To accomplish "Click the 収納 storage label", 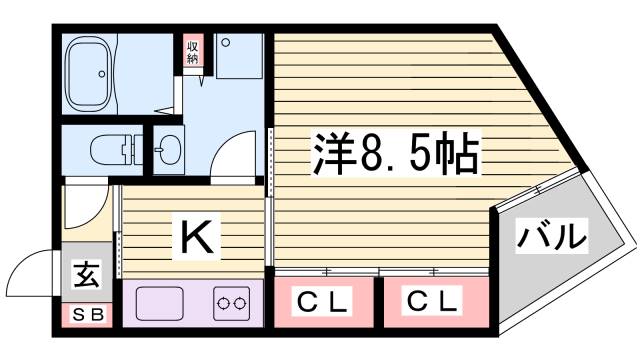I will coord(192,51).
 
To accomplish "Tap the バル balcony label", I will coord(551,238).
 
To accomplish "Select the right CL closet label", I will coord(434,300).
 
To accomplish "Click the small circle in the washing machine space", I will coord(226,42).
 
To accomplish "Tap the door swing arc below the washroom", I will coord(233,160).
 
